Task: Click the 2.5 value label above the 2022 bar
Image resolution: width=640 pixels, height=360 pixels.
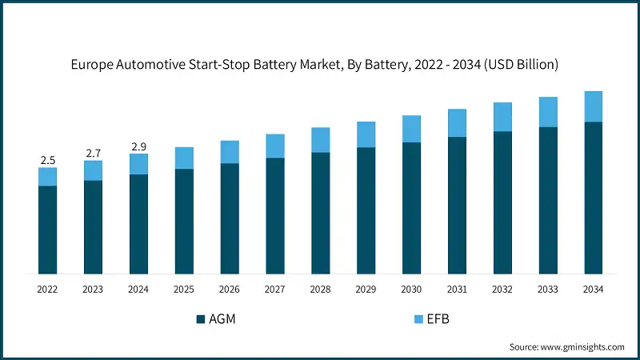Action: coord(47,160)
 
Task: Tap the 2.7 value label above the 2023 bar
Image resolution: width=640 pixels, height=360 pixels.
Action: coord(93,153)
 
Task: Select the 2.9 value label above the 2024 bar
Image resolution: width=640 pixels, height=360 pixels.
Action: coord(138,146)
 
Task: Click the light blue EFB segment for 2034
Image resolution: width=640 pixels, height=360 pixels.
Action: coord(593,106)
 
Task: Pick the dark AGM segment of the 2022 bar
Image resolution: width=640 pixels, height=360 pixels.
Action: coord(47,230)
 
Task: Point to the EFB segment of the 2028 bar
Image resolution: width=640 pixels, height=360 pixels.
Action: coord(320,140)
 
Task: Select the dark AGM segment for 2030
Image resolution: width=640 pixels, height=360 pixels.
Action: coord(411,208)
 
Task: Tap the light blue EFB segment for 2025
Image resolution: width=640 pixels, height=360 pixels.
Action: coord(184,158)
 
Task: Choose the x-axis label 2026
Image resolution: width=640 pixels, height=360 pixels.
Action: coord(230,289)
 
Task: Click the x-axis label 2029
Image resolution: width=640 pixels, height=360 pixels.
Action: coord(366,289)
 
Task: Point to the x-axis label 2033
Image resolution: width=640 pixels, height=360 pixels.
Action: coord(547,289)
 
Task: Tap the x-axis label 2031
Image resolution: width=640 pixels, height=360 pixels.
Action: coord(457,289)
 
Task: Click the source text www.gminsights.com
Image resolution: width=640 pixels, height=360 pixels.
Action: coord(583,346)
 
